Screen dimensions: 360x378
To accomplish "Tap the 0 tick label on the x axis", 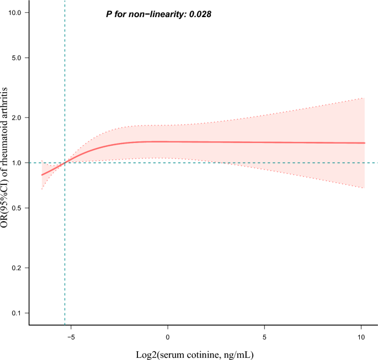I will pyautogui.click(x=168, y=336).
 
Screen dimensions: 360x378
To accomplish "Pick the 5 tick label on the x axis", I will pyautogui.click(x=265, y=336).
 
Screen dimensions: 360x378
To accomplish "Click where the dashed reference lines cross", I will pyautogui.click(x=65, y=163).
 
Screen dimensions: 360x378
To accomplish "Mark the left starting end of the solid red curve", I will pyautogui.click(x=42, y=175).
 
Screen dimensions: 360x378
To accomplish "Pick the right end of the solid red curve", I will pyautogui.click(x=365, y=143).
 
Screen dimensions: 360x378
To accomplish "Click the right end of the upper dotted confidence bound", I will pyautogui.click(x=365, y=98).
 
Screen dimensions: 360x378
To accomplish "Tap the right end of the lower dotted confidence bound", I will pyautogui.click(x=365, y=189).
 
